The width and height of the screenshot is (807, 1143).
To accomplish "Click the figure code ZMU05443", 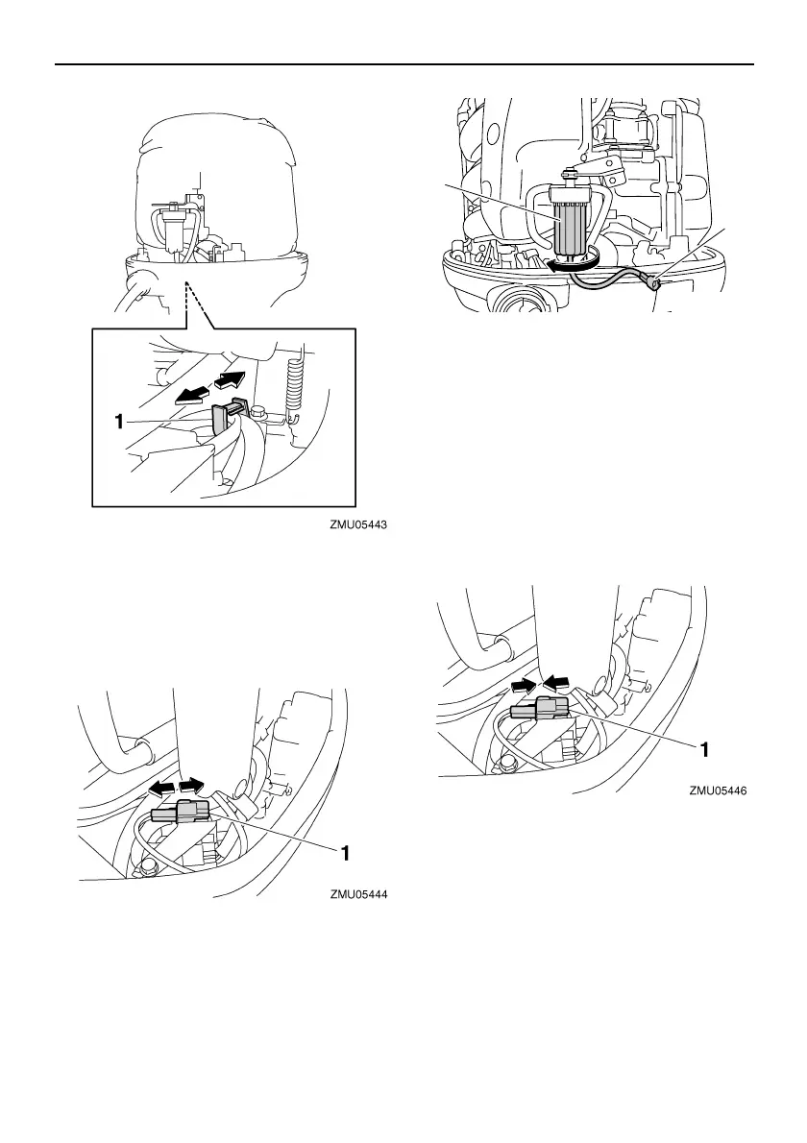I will click(364, 525).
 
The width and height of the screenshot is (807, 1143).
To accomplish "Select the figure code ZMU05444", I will click(364, 894).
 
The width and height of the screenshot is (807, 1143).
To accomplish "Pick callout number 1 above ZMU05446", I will click(704, 745).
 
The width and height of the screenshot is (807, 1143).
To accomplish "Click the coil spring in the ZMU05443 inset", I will click(298, 378).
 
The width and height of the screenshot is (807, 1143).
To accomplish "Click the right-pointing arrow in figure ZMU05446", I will click(525, 684).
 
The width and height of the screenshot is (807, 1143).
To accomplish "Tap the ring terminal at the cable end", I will click(654, 282).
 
